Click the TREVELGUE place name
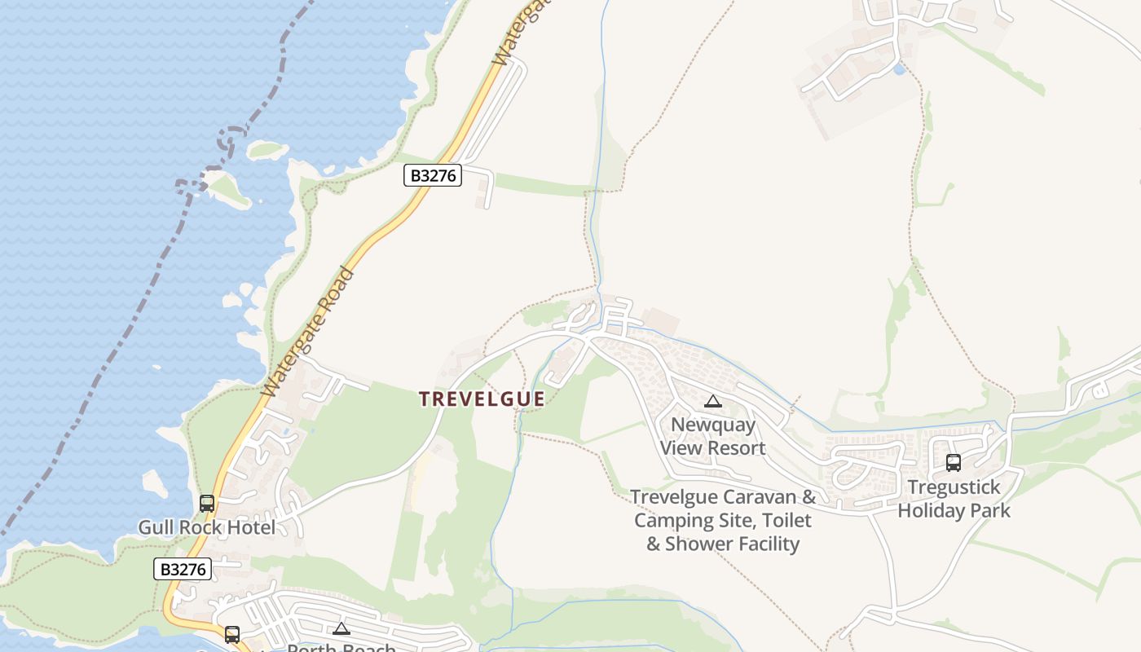[x=482, y=399]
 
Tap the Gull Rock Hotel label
[x=206, y=527]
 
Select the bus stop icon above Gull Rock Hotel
[x=207, y=504]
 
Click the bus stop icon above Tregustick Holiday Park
[x=954, y=463]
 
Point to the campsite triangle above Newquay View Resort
[x=713, y=401]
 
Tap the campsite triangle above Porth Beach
[x=341, y=628]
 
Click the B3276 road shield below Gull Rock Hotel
[x=183, y=569]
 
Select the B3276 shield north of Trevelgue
[x=433, y=175]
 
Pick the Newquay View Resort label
[x=713, y=436]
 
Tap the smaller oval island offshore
[x=266, y=150]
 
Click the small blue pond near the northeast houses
[x=899, y=70]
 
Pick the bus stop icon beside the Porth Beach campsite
[x=232, y=634]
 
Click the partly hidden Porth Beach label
[x=341, y=647]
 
